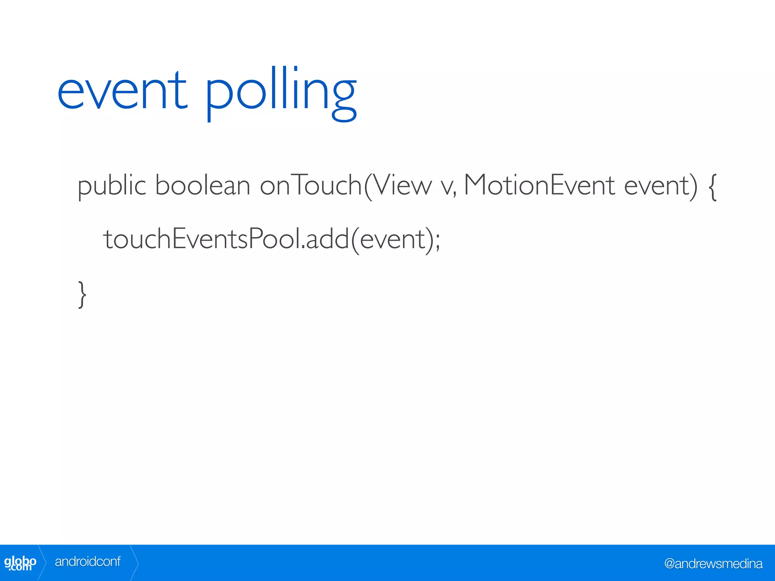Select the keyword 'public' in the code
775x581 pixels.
coord(112,186)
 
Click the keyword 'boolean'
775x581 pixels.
coord(202,186)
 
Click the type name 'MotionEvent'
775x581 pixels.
coord(539,186)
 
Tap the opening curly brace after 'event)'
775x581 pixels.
coord(712,187)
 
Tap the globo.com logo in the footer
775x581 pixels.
coord(20,563)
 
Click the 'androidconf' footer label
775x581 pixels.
coord(87,562)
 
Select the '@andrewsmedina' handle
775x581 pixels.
coord(713,564)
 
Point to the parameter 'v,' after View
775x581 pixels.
coord(449,187)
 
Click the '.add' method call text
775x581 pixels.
coord(325,239)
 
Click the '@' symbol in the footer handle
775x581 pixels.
coord(669,564)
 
